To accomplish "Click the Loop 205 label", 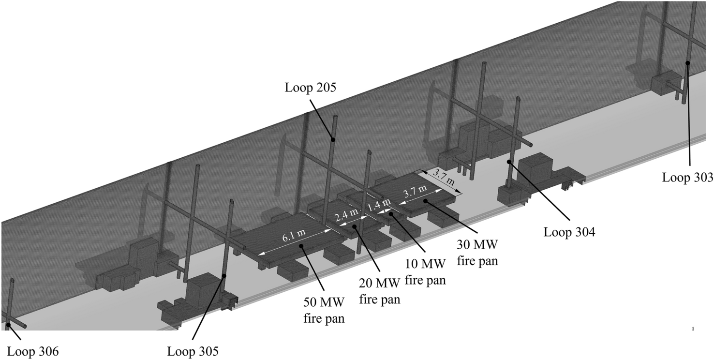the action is click(310, 88).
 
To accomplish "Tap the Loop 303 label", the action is click(687, 177).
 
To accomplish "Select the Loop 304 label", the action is click(569, 232).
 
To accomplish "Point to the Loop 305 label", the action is click(193, 351).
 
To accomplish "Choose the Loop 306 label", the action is click(33, 351).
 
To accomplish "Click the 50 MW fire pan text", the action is click(324, 310).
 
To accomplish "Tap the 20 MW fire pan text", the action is click(379, 291).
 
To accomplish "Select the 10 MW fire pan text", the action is click(425, 272).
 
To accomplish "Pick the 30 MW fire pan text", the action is click(477, 253).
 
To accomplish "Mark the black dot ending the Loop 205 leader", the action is click(332, 139).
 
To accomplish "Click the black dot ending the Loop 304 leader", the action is click(509, 162).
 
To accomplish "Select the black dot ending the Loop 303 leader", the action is click(688, 63).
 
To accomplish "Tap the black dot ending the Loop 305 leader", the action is click(224, 276).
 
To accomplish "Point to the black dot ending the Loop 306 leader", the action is click(9, 325).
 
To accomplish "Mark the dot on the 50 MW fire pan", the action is click(301, 246).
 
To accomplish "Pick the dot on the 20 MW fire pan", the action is click(355, 226).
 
